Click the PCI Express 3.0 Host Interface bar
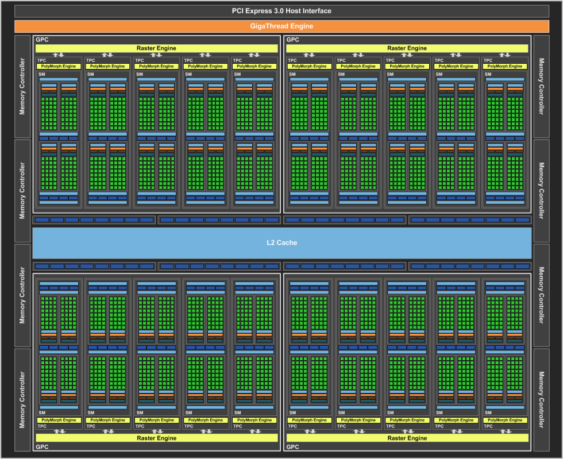[x=281, y=11]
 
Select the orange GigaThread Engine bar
[x=281, y=26]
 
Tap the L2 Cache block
[x=282, y=243]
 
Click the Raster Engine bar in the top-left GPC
[x=156, y=48]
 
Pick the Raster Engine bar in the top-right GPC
[x=407, y=48]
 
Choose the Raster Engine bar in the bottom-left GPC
[x=156, y=438]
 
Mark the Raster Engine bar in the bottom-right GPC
[x=407, y=438]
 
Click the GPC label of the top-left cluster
[x=42, y=40]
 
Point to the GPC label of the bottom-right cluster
[x=292, y=447]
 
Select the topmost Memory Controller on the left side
[x=22, y=87]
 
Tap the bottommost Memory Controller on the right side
[x=541, y=400]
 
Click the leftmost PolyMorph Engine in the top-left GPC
[x=59, y=67]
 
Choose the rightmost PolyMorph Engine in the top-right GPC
[x=505, y=67]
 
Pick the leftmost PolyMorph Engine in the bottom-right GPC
[x=309, y=420]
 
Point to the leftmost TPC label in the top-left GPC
[x=41, y=60]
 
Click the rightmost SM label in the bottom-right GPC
[x=488, y=412]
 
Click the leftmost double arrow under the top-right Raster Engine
[x=309, y=55]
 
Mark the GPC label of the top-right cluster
[x=292, y=40]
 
